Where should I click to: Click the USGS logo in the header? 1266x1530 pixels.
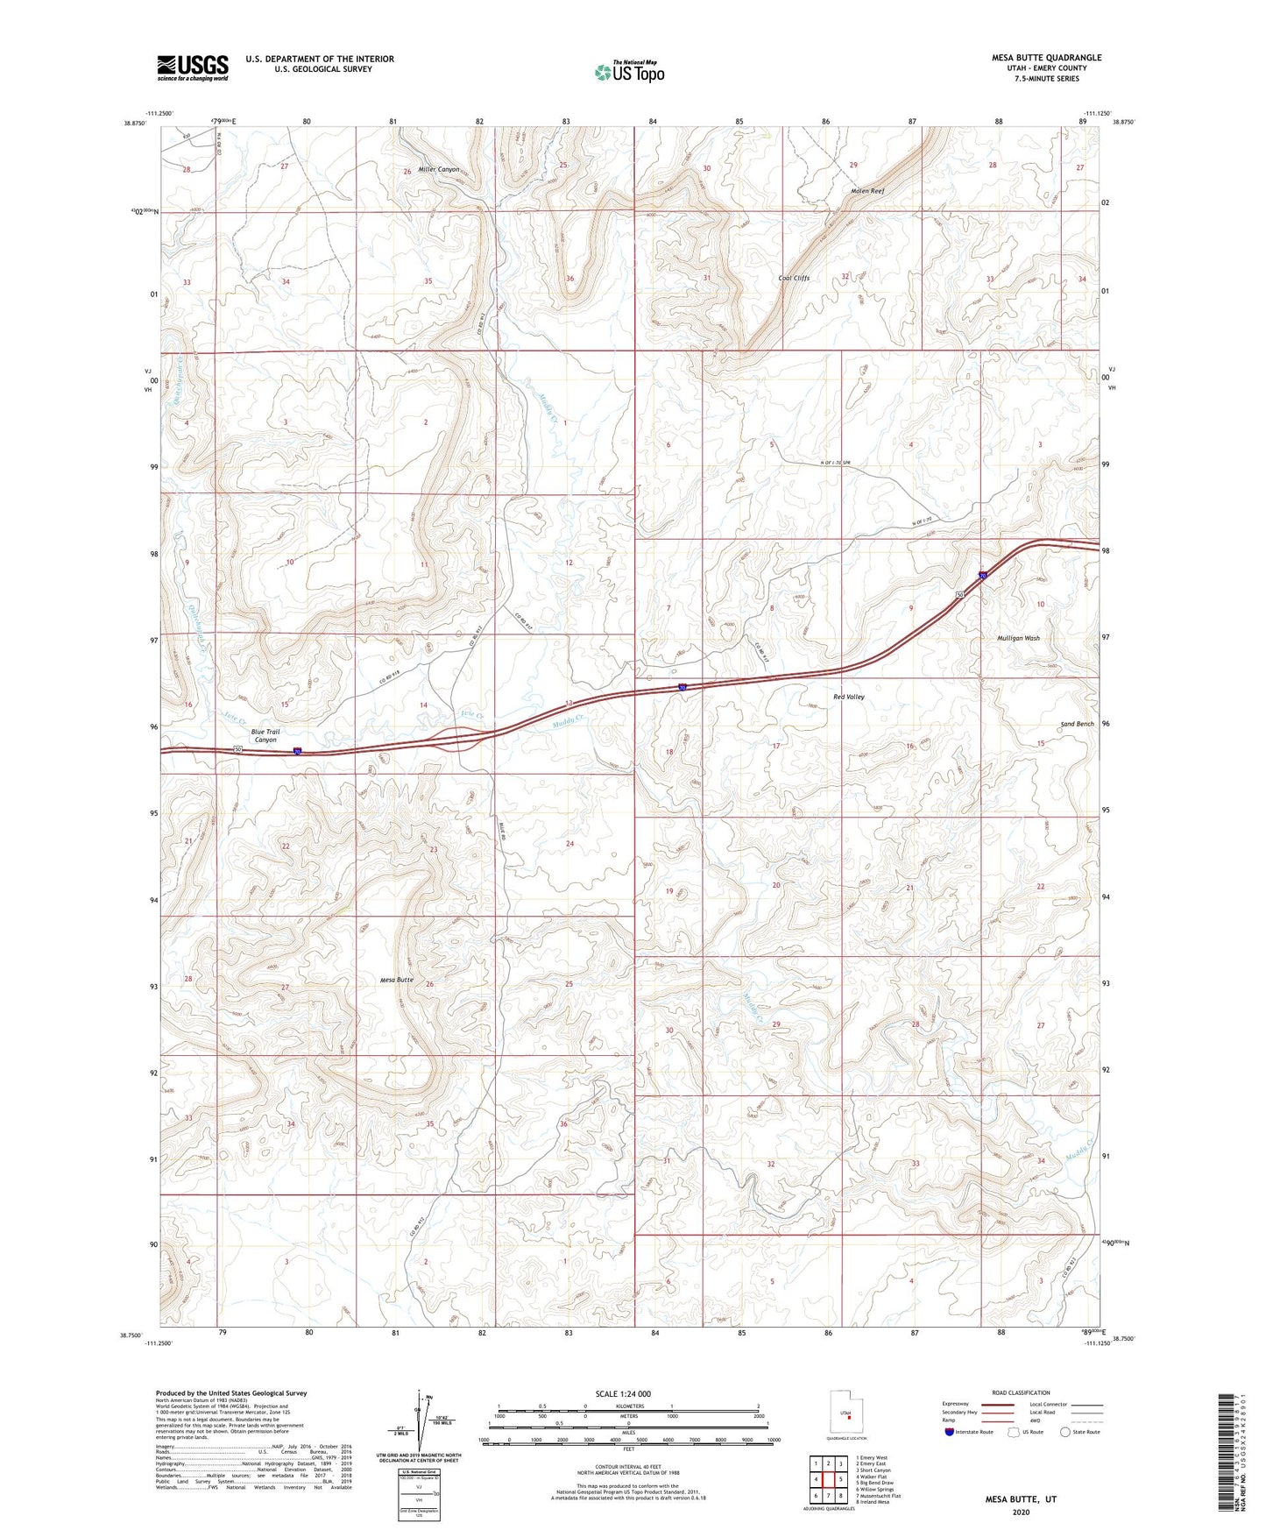click(192, 67)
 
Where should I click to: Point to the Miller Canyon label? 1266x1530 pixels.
click(438, 169)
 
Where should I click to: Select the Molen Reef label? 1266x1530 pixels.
click(867, 191)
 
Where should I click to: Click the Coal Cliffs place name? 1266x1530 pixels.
click(794, 278)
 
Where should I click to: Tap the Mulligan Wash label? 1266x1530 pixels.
click(1018, 638)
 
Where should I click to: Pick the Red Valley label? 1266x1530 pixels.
click(848, 697)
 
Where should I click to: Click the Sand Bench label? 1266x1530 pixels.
click(1077, 725)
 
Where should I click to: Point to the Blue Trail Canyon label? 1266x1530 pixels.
click(265, 735)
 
